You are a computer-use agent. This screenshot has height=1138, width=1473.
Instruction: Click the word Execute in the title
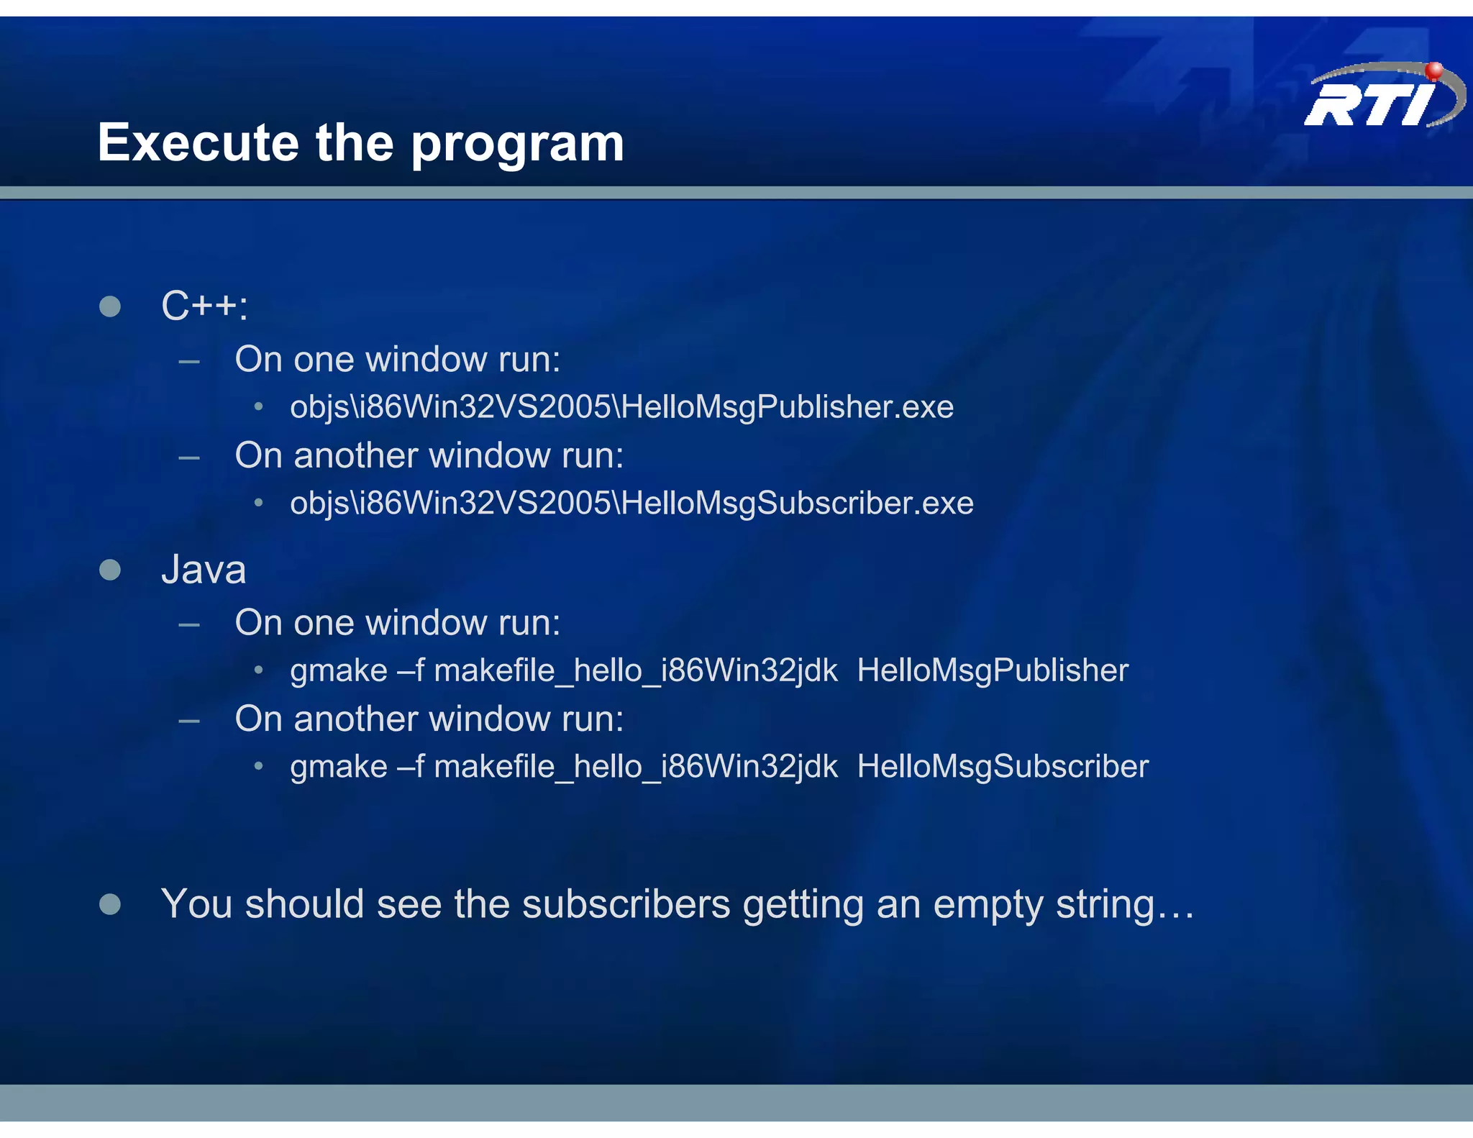point(198,142)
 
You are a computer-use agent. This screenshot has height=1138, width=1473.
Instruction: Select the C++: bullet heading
point(204,306)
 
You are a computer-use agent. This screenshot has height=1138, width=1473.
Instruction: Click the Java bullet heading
point(204,570)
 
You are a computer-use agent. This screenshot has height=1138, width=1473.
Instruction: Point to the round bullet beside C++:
point(110,306)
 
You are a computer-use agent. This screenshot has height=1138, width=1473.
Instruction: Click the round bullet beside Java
point(110,570)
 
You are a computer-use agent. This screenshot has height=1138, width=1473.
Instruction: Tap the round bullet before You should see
point(110,904)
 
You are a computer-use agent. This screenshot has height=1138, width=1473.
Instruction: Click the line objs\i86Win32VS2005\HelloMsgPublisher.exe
point(621,407)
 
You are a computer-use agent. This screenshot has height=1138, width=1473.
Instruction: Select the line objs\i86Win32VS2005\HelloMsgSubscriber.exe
point(631,504)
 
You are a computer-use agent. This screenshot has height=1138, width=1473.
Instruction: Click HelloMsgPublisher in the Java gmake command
point(993,670)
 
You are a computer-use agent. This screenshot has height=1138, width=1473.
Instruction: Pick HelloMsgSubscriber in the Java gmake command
point(1003,767)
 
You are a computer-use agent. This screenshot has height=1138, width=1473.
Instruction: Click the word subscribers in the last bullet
point(626,904)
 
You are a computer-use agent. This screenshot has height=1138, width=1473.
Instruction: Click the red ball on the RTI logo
point(1433,70)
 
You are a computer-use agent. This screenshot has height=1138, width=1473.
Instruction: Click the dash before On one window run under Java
point(189,624)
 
